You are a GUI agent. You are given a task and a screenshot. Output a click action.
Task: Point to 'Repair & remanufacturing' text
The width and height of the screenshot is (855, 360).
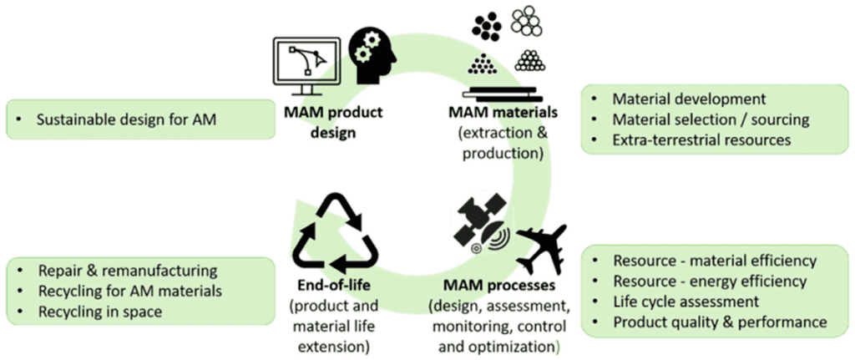click(x=127, y=271)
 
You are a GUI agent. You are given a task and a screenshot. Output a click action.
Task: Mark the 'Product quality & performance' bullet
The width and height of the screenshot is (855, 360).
click(x=719, y=322)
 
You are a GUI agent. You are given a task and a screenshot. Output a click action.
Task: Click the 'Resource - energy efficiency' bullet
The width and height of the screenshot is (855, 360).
click(x=709, y=281)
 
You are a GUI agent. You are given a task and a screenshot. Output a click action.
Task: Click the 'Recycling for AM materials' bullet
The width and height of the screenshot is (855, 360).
click(x=129, y=291)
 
